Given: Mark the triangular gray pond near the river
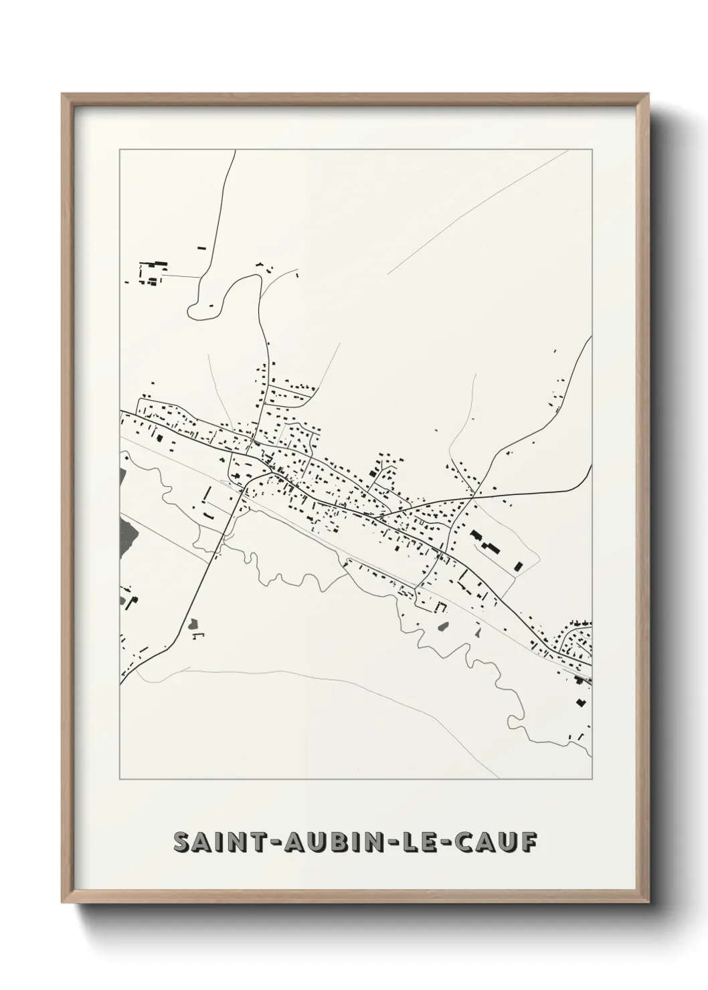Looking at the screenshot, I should pyautogui.click(x=478, y=632).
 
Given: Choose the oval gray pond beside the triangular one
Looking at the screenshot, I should pyautogui.click(x=443, y=627).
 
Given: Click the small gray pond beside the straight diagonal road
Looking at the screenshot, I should pyautogui.click(x=194, y=624).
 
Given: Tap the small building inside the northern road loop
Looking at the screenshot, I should pyautogui.click(x=211, y=306).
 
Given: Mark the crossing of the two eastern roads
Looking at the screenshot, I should pyautogui.click(x=472, y=497).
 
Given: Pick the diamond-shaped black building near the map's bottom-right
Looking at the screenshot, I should pyautogui.click(x=580, y=702).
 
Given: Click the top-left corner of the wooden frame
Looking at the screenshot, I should pyautogui.click(x=63, y=94).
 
